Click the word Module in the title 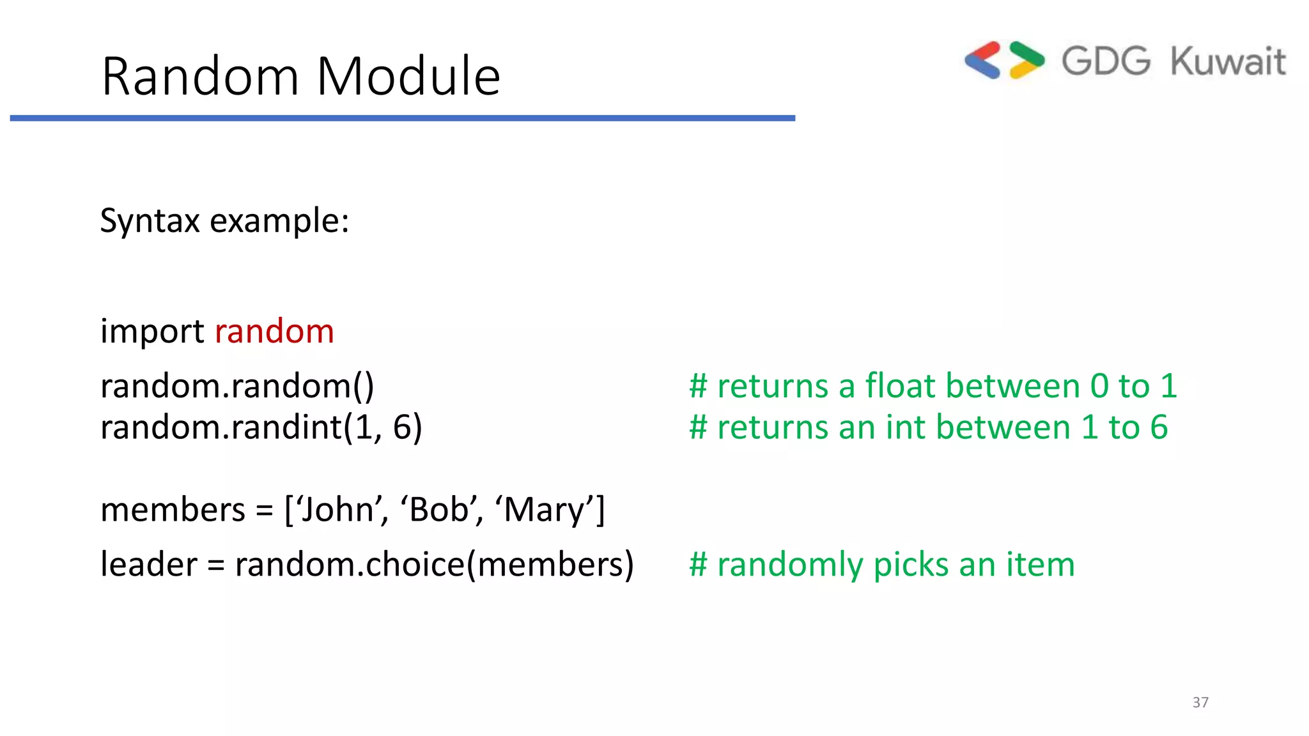(x=408, y=77)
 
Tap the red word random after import (x=274, y=332)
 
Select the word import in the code (x=152, y=332)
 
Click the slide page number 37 (x=1200, y=702)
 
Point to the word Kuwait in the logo (x=1228, y=62)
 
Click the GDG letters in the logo (x=1106, y=62)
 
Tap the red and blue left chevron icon (x=983, y=61)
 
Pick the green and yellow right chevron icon (x=1026, y=61)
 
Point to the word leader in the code (x=149, y=564)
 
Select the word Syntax (x=150, y=221)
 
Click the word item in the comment (x=1041, y=565)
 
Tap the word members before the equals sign (x=173, y=510)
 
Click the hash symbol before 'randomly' (x=698, y=565)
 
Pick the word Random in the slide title (x=200, y=77)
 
